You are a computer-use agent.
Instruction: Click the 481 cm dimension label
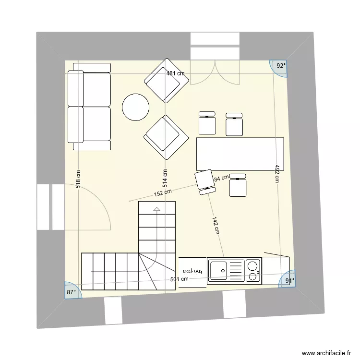point(175,73)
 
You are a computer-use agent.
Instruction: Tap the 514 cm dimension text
point(165,179)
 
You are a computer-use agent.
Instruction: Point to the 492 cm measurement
point(277,174)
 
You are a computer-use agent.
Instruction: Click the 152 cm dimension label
point(163,193)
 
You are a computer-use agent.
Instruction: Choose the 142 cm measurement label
point(216,225)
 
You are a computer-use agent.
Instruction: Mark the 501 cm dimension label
point(179,279)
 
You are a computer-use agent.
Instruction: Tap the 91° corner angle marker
point(289,281)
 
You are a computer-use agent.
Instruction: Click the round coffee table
point(135,107)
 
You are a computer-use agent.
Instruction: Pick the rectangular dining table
point(240,154)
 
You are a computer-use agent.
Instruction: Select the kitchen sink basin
point(218,270)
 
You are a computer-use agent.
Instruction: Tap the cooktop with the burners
point(253,270)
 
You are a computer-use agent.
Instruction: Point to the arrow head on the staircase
point(156,209)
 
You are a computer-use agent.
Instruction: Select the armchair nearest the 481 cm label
point(167,81)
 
